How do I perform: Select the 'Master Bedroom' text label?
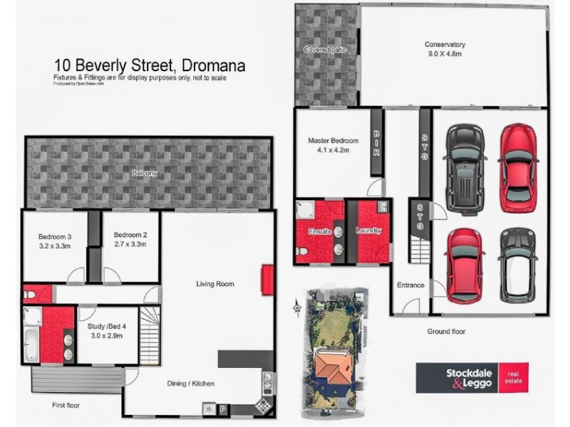pos(333,141)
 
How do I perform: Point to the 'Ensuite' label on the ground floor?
pos(320,231)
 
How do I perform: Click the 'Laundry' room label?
pos(369,231)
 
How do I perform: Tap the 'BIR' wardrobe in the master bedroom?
pos(376,142)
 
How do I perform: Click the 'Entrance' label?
pos(410,285)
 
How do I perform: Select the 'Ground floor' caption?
pos(447,332)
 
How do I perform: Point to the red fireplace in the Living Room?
pos(267,277)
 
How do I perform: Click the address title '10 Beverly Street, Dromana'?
pos(150,65)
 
